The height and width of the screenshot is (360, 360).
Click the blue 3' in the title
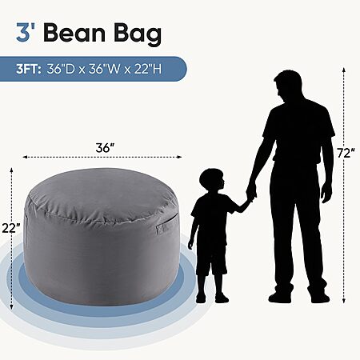pyautogui.click(x=26, y=33)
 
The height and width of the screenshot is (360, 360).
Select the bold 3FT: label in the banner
pyautogui.click(x=29, y=70)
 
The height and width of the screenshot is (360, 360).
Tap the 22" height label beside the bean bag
pyautogui.click(x=10, y=228)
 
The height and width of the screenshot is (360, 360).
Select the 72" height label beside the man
pyautogui.click(x=346, y=154)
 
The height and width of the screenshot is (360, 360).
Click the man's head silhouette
pyautogui.click(x=287, y=85)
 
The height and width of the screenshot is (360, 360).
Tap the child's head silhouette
pyautogui.click(x=212, y=181)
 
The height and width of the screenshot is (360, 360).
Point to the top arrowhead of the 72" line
pyautogui.click(x=344, y=70)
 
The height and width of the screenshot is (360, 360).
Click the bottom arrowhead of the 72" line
pyautogui.click(x=344, y=301)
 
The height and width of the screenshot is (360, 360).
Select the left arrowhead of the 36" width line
pyautogui.click(x=26, y=157)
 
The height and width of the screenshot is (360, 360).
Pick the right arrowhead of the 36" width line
pyautogui.click(x=179, y=157)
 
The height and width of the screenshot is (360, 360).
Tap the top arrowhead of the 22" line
pyautogui.click(x=11, y=170)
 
